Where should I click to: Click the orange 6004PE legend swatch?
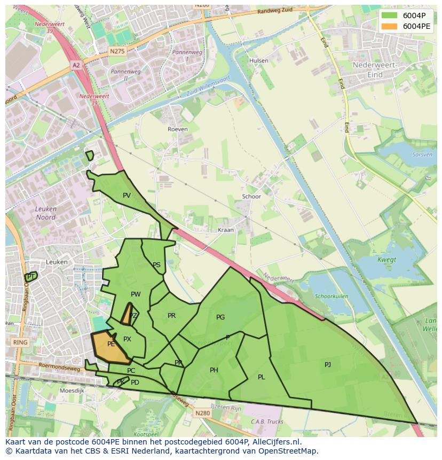click(x=390, y=26)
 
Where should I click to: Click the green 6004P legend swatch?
click(x=390, y=15)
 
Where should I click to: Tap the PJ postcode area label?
click(x=328, y=365)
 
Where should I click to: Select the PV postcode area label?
click(x=127, y=196)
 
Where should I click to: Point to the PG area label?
click(x=220, y=317)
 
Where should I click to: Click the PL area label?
click(x=261, y=377)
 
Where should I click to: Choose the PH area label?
click(x=214, y=370)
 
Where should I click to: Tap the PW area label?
click(x=136, y=294)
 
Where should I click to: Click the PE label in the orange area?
click(x=111, y=345)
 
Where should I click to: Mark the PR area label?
click(x=171, y=316)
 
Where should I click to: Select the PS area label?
click(x=156, y=265)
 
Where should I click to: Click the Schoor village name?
click(x=251, y=197)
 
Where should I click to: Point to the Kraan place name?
click(x=226, y=230)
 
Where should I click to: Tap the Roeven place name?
click(x=178, y=129)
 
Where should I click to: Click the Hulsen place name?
click(x=259, y=61)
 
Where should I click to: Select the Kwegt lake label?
click(x=387, y=260)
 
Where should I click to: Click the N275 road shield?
click(x=116, y=51)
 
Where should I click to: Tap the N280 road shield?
click(x=202, y=413)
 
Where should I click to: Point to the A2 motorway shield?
click(x=76, y=65)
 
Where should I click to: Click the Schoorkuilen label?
click(x=331, y=296)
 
